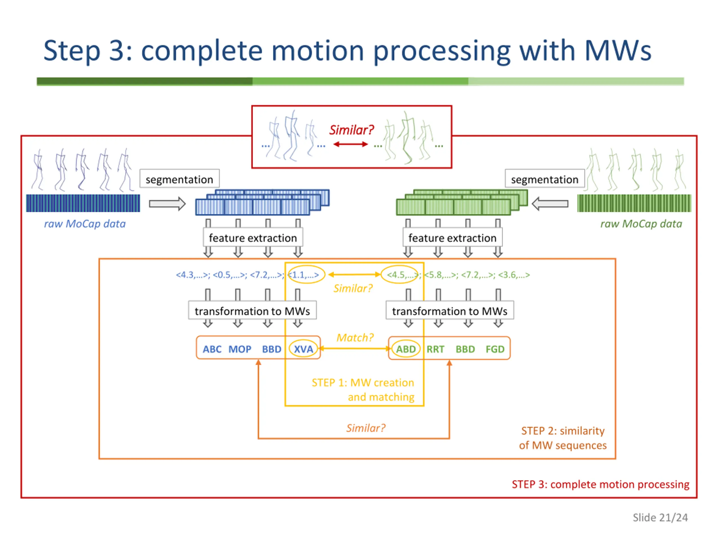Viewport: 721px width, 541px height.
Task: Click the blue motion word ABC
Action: click(212, 349)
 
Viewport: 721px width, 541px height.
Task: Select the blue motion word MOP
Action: click(240, 349)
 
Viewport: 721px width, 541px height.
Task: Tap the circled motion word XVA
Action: click(303, 349)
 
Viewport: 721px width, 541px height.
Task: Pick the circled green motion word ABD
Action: click(406, 349)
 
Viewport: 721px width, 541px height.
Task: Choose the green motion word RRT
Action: click(435, 349)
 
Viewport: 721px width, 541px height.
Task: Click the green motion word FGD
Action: click(495, 349)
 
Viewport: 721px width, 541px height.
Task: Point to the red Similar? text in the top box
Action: click(351, 130)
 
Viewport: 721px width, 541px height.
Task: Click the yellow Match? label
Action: click(355, 338)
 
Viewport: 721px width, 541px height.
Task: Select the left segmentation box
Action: click(180, 178)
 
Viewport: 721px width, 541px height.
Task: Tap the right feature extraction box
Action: click(452, 238)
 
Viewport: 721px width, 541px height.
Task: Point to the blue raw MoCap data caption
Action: click(85, 224)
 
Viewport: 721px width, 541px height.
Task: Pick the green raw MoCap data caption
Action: click(641, 224)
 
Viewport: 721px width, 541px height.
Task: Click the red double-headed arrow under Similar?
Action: click(351, 144)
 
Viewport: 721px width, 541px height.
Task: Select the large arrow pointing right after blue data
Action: click(168, 204)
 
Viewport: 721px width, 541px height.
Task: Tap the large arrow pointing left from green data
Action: click(550, 204)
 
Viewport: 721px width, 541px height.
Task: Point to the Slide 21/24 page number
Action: click(660, 518)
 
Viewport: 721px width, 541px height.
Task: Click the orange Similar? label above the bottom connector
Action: click(366, 428)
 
